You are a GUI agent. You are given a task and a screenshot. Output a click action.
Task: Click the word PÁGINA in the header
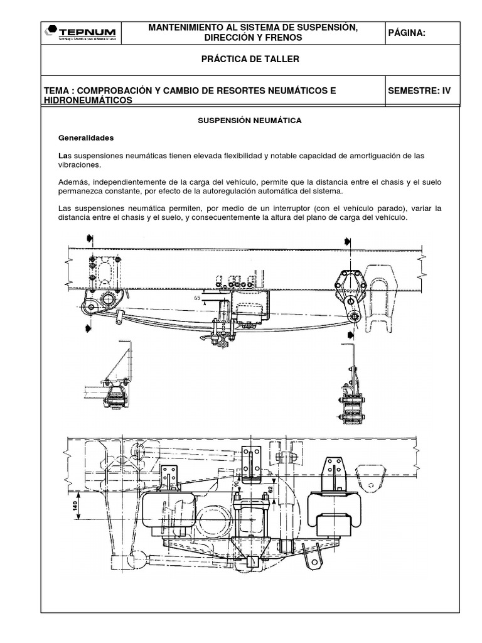(x=407, y=33)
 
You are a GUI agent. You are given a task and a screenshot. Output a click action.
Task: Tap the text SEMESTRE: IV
(x=419, y=90)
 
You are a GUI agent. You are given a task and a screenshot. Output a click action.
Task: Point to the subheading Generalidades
(x=87, y=137)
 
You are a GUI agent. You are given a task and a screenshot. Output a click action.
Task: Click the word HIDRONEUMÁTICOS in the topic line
(x=88, y=100)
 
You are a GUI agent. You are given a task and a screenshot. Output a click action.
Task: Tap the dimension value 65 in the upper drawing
(x=198, y=299)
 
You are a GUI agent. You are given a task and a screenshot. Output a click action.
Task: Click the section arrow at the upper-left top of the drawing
(x=90, y=237)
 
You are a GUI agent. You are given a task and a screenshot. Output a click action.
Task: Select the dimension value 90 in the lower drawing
(x=237, y=485)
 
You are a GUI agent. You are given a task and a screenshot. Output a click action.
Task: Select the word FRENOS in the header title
(x=284, y=38)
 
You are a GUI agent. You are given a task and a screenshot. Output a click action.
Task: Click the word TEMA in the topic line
(x=56, y=90)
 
